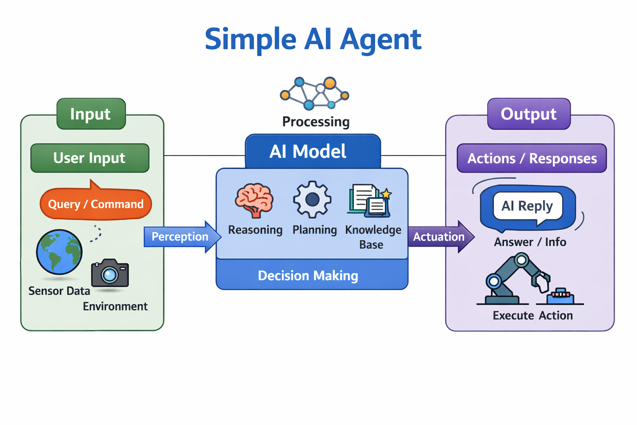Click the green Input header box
tap(91, 114)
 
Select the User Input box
tap(90, 158)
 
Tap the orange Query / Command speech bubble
tap(96, 204)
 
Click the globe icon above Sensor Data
tap(59, 252)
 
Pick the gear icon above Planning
tap(312, 200)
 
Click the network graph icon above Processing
tap(315, 93)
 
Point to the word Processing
tap(316, 122)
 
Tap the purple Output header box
tap(529, 114)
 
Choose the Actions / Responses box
tap(532, 158)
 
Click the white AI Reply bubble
tap(528, 206)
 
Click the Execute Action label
tap(532, 315)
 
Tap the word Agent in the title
tap(380, 39)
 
